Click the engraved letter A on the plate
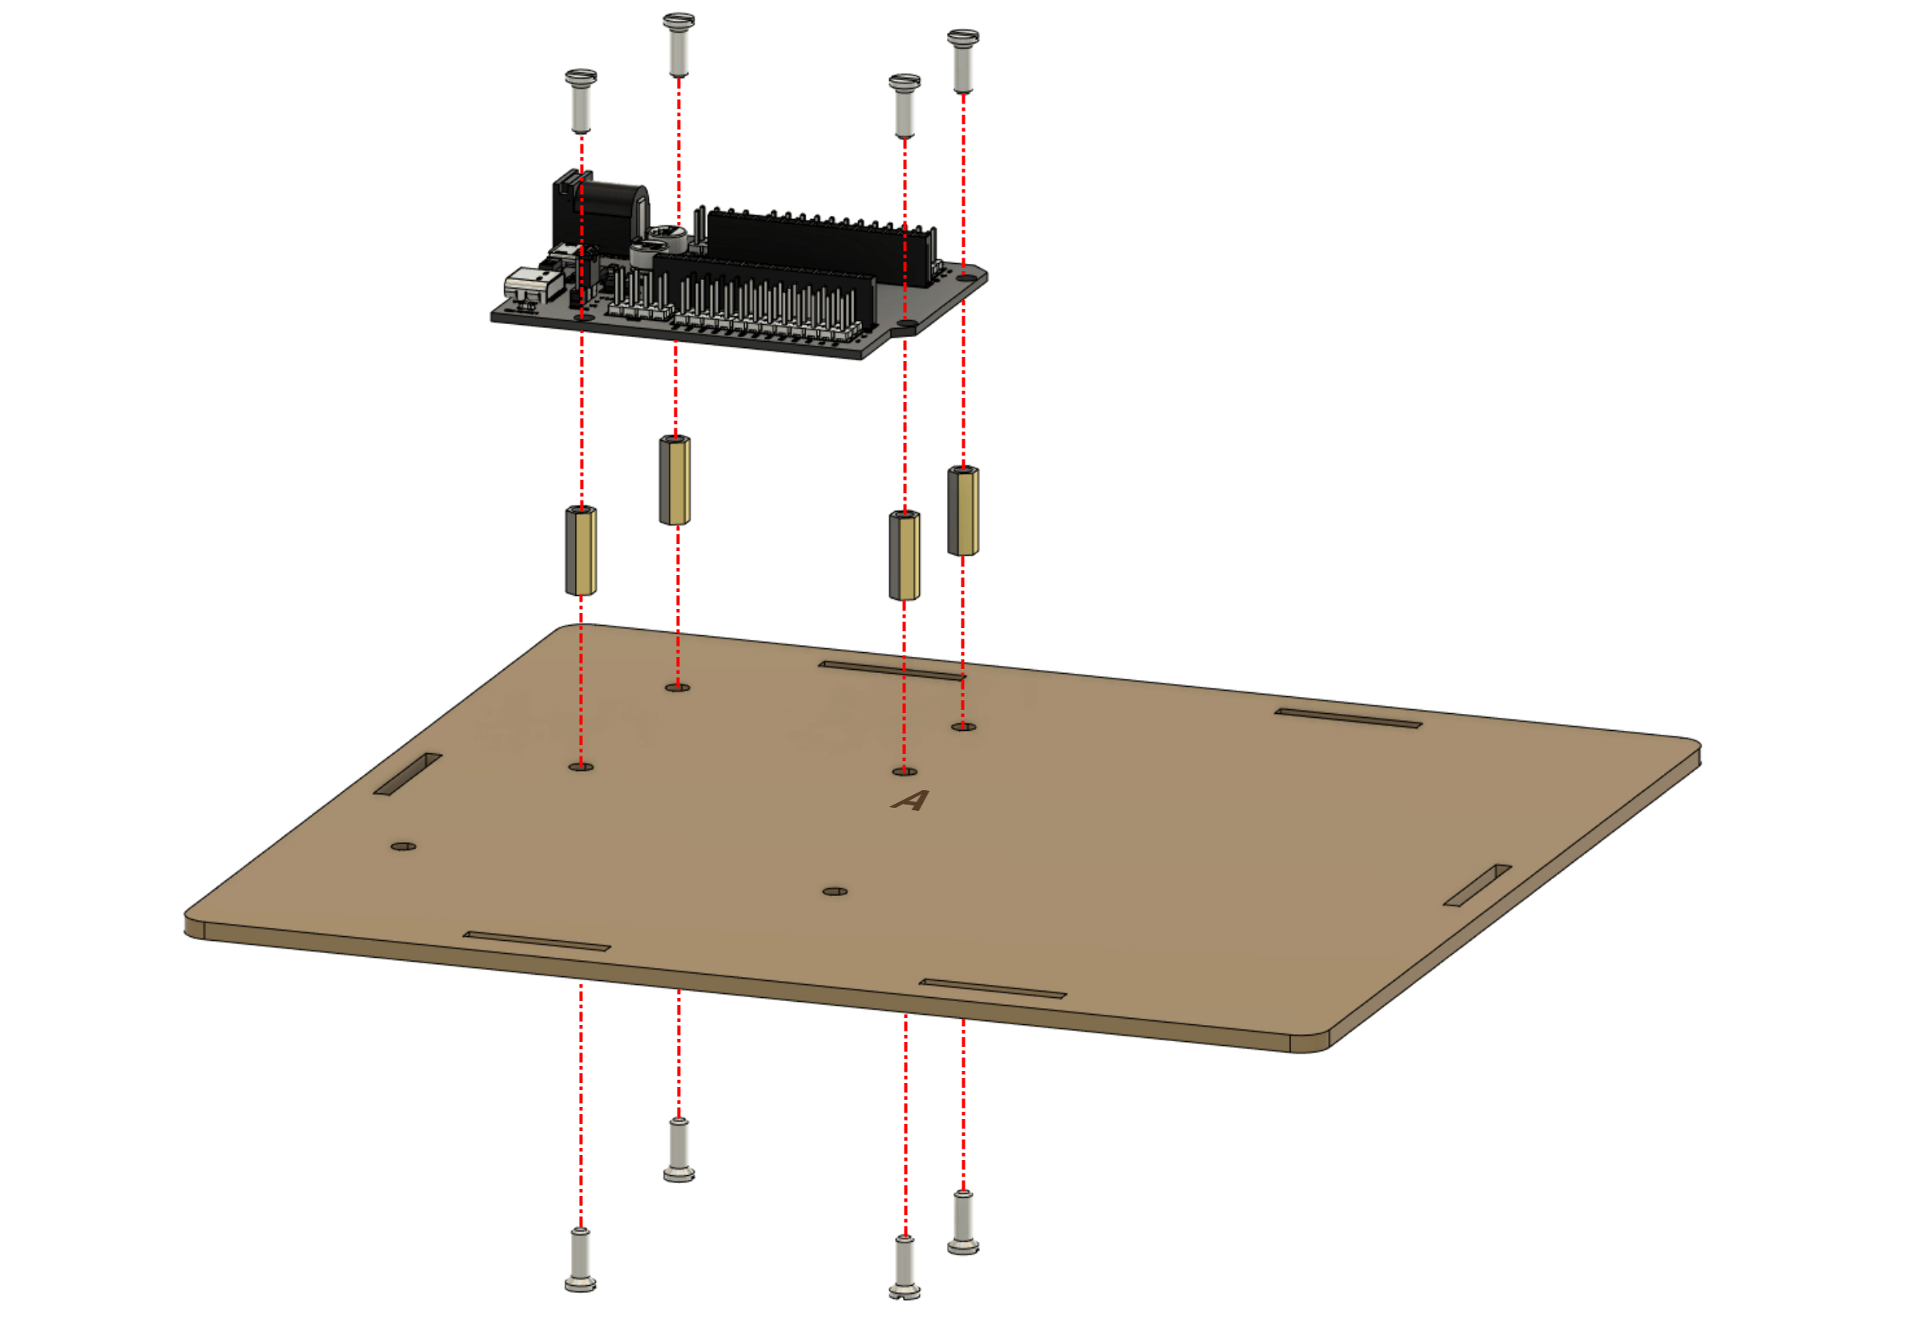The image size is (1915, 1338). point(910,801)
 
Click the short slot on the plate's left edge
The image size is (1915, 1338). point(408,774)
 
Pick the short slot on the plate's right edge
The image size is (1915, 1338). point(1477,885)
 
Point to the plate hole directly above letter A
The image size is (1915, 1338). point(905,772)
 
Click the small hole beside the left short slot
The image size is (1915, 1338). point(403,845)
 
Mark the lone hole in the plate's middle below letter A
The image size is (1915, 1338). point(835,891)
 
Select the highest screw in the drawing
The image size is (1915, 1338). point(679,43)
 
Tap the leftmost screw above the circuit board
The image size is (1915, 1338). point(581,101)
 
